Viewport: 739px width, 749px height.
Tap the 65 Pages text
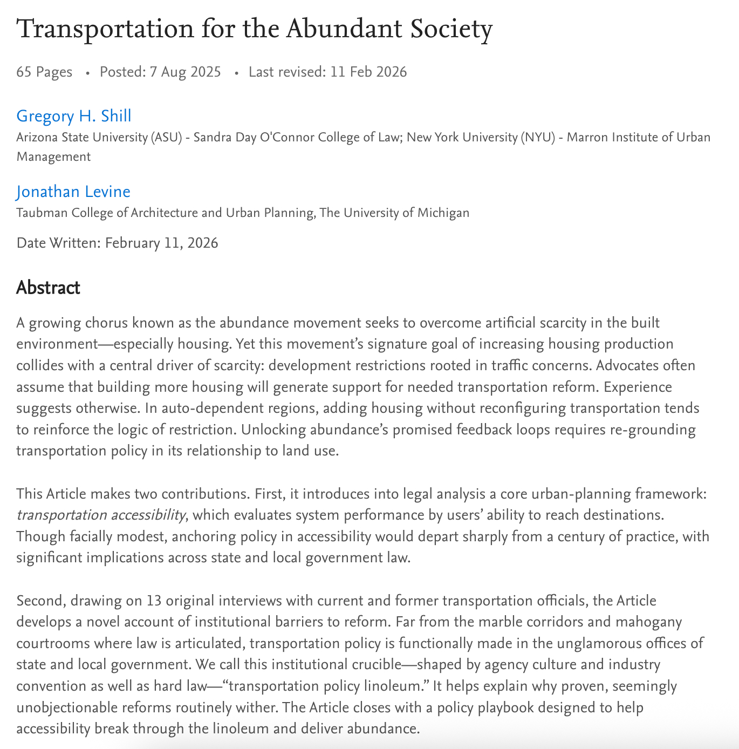(44, 72)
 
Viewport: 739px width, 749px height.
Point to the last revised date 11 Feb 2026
(368, 72)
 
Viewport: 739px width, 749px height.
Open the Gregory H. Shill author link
(74, 116)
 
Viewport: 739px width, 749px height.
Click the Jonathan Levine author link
(73, 192)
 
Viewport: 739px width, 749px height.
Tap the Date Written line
(117, 243)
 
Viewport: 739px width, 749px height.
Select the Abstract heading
(48, 288)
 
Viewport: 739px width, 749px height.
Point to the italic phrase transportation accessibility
(100, 515)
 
